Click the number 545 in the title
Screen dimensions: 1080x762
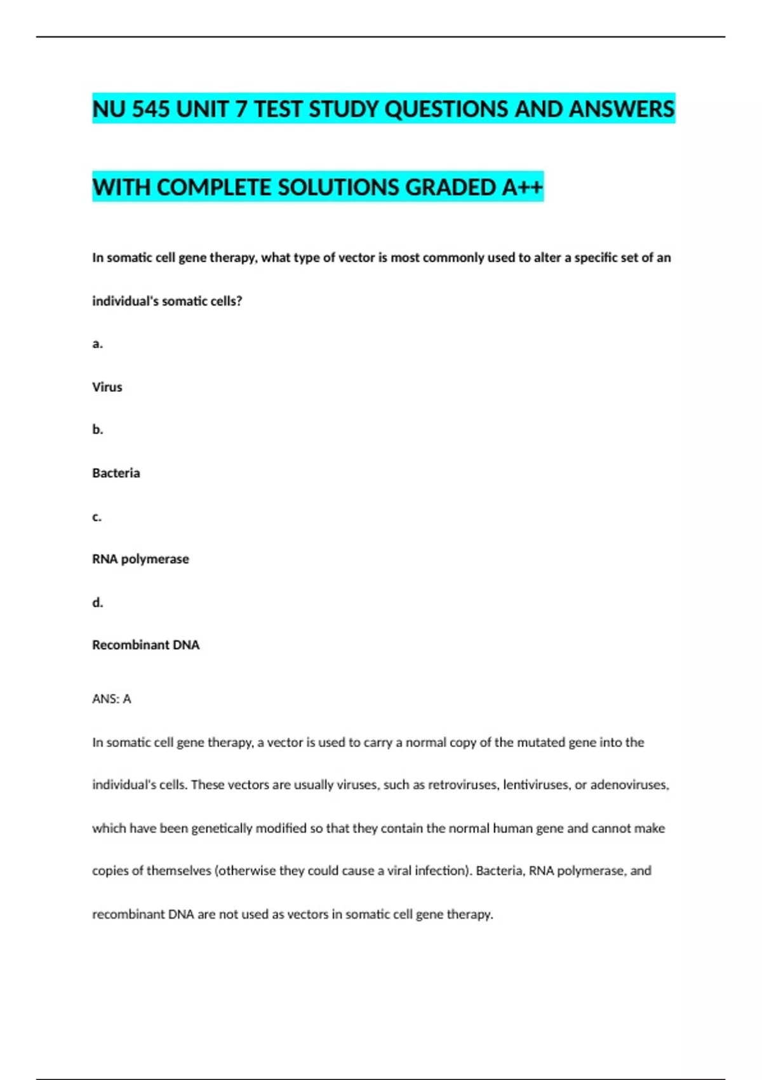pyautogui.click(x=151, y=109)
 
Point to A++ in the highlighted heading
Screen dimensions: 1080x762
pyautogui.click(x=523, y=187)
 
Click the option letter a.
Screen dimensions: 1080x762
pyautogui.click(x=97, y=344)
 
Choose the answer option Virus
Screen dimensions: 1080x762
pyautogui.click(x=107, y=387)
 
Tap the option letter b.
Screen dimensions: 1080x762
pyautogui.click(x=97, y=429)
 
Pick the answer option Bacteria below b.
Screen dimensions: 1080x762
pyautogui.click(x=116, y=473)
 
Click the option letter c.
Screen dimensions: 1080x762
pyautogui.click(x=97, y=517)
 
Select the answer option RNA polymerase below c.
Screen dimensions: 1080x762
pyautogui.click(x=140, y=559)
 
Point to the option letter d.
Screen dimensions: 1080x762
pyautogui.click(x=97, y=602)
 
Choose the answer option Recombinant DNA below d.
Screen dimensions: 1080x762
pyautogui.click(x=146, y=645)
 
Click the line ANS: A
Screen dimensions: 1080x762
pyautogui.click(x=112, y=699)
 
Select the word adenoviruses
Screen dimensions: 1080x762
pyautogui.click(x=629, y=785)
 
